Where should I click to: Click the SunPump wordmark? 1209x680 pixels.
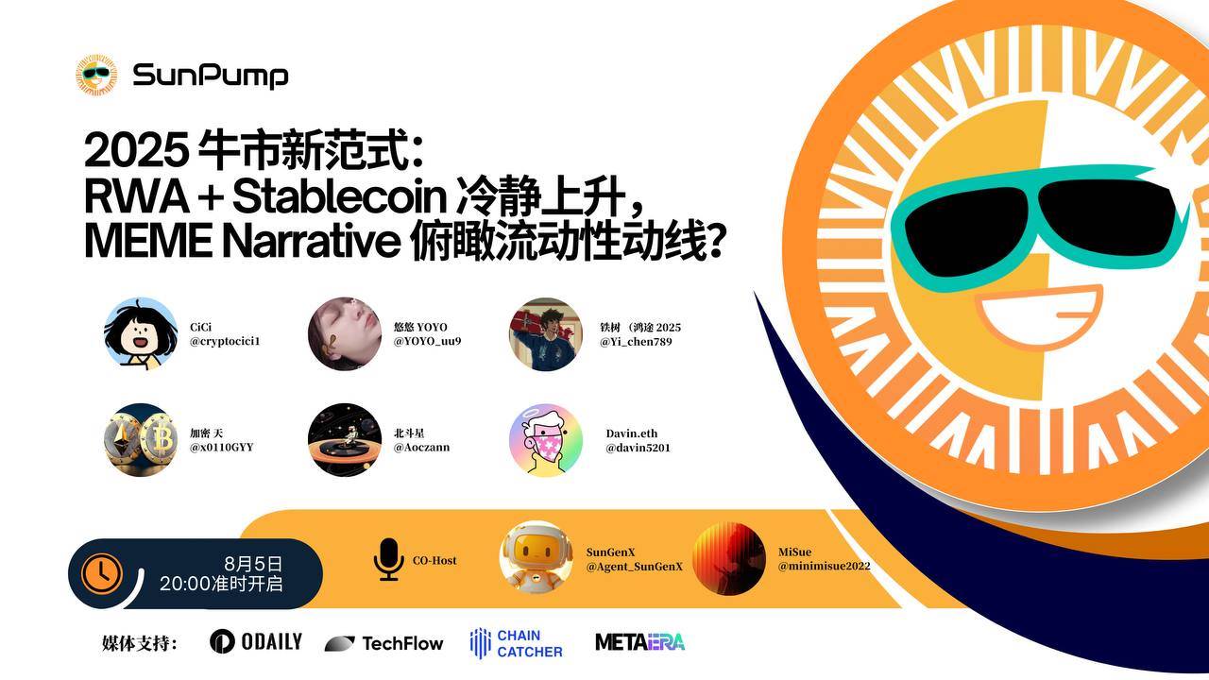coord(211,76)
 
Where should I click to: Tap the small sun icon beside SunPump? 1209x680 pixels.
coord(96,75)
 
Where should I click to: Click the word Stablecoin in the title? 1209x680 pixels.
coord(339,195)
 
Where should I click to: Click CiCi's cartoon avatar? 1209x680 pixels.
coord(141,334)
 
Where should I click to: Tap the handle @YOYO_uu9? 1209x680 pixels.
coord(428,341)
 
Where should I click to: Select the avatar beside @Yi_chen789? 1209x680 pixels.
coord(546,334)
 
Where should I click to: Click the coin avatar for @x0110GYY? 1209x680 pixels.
coord(141,440)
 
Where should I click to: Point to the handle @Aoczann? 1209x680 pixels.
coord(421,447)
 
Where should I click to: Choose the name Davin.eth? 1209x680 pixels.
coord(632,433)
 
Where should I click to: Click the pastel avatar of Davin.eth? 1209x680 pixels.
coord(546,440)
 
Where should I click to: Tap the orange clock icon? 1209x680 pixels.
coord(101,573)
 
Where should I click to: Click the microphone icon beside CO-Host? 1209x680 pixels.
coord(388,559)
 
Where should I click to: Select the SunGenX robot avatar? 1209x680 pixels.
coord(536,558)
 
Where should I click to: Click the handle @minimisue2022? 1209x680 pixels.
coord(825,566)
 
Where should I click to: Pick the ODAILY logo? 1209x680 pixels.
coord(256,641)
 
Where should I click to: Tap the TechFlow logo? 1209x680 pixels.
coord(383,643)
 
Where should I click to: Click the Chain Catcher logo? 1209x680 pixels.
coord(516,643)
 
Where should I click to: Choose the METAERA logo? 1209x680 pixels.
coord(640,642)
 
